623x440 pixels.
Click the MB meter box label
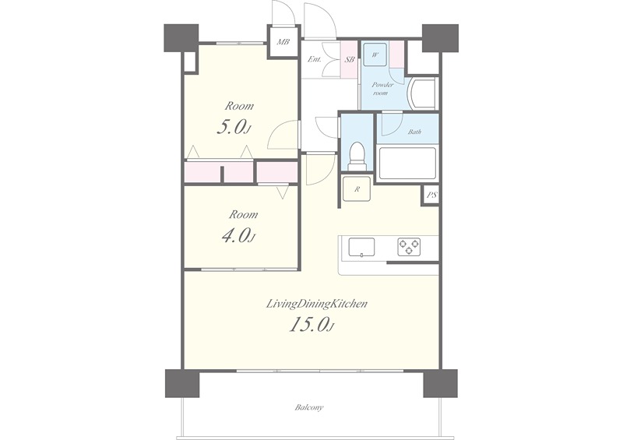[283, 41]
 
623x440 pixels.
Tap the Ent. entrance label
[315, 60]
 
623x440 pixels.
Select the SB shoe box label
[349, 60]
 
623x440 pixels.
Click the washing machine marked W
[375, 55]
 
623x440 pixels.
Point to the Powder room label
[382, 89]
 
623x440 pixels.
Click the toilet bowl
[357, 157]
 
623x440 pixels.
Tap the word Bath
[414, 132]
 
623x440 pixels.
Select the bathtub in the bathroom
[407, 163]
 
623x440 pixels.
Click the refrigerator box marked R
[357, 189]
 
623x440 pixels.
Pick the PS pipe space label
[432, 195]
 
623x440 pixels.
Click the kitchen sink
[361, 248]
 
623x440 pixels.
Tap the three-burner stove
[409, 247]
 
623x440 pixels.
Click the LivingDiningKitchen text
[316, 304]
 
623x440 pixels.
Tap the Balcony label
[309, 407]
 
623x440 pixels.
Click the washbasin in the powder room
[422, 94]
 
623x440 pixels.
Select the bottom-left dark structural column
[181, 383]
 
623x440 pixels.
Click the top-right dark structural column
[440, 38]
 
